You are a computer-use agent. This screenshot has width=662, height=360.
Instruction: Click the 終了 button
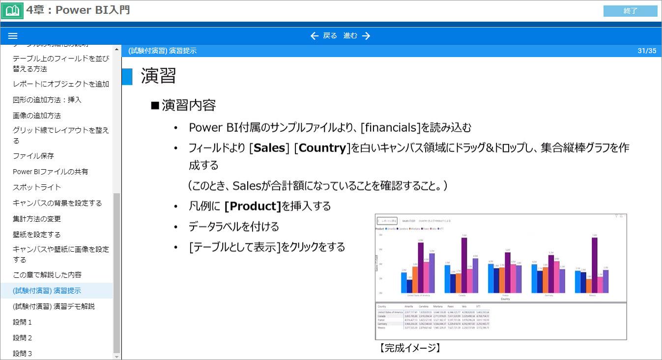coord(630,11)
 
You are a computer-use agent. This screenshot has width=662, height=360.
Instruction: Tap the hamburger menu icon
coord(13,36)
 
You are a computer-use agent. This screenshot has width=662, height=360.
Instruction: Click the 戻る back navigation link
coord(324,36)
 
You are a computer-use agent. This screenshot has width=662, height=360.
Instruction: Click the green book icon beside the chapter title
coord(12,10)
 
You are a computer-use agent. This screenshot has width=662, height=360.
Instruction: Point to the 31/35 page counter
coord(647,51)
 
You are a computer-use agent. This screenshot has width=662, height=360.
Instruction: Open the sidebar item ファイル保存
coord(33,156)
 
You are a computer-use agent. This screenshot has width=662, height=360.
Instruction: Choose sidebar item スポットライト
coord(37,187)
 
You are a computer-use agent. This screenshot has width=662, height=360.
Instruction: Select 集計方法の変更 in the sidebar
coord(37,219)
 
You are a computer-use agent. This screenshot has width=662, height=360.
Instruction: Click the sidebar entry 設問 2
coord(23,338)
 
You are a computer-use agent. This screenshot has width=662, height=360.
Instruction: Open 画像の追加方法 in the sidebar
coord(37,116)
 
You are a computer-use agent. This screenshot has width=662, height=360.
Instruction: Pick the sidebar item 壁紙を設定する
coord(37,235)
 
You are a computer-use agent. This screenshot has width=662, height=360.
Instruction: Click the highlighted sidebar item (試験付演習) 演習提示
coord(47,291)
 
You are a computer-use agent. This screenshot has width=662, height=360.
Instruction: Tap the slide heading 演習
coord(158,76)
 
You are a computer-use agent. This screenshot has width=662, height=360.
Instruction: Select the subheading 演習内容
coord(189,105)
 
